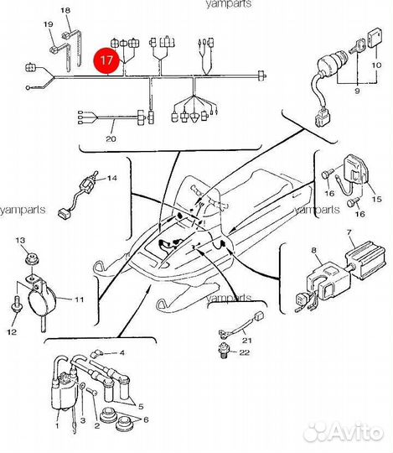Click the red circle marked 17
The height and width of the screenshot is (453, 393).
point(106,60)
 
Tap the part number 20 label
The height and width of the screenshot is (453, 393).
point(111,138)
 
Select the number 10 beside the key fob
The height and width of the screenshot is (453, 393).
point(376,65)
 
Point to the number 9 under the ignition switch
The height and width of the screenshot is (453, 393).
point(357,91)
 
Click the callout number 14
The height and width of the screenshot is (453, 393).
point(112,178)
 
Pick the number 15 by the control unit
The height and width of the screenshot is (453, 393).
point(376,199)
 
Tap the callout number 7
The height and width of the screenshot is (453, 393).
point(349,232)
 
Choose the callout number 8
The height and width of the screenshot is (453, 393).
point(314,251)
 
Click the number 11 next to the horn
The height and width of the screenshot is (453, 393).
point(80,299)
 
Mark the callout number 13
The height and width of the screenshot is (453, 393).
point(20,240)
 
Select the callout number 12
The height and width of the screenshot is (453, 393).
point(12,332)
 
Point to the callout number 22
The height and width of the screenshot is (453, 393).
point(244,352)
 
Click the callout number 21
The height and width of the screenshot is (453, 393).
point(246,341)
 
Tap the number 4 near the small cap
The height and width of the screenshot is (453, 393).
point(122,352)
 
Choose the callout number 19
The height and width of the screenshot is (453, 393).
point(49,24)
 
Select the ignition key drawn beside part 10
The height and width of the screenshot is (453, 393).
point(357,47)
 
